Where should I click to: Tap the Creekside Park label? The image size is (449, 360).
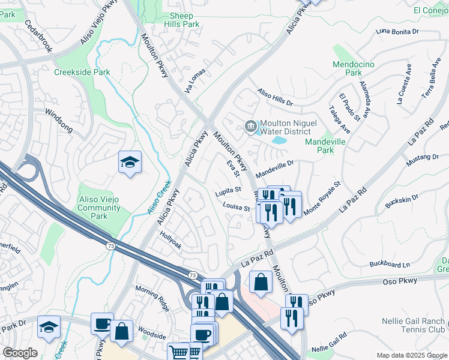click(82, 72)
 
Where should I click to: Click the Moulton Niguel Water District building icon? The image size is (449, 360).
click(250, 125)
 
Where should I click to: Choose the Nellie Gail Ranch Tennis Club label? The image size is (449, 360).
click(413, 325)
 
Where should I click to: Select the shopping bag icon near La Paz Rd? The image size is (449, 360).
click(261, 282)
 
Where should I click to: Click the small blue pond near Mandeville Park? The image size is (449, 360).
click(279, 140)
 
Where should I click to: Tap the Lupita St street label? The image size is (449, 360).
click(229, 191)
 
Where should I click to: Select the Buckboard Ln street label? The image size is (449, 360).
click(389, 264)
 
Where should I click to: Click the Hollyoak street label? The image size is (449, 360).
click(170, 241)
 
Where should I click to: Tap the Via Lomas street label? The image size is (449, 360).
click(195, 82)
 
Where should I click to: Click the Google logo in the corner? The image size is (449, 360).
click(20, 353)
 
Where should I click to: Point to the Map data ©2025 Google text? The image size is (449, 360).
click(411, 355)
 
